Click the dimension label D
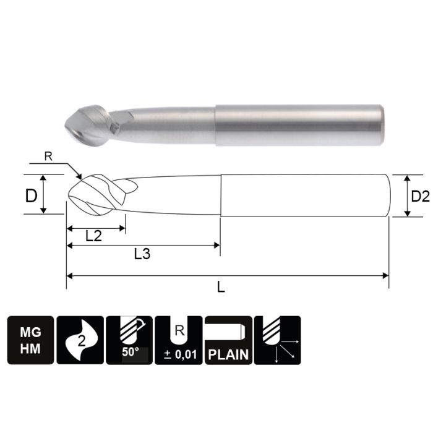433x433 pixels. tap(30, 196)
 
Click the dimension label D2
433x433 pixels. tap(419, 196)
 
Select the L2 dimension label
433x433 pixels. tap(95, 236)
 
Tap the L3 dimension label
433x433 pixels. tap(144, 254)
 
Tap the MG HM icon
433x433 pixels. tap(30, 340)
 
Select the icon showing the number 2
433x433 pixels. tap(80, 340)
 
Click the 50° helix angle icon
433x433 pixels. tap(129, 340)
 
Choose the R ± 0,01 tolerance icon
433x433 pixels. tap(178, 340)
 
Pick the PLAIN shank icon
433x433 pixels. tap(228, 340)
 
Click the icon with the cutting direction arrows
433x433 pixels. tap(277, 340)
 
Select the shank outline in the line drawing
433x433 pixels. tap(303, 195)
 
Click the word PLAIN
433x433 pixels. tap(228, 355)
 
